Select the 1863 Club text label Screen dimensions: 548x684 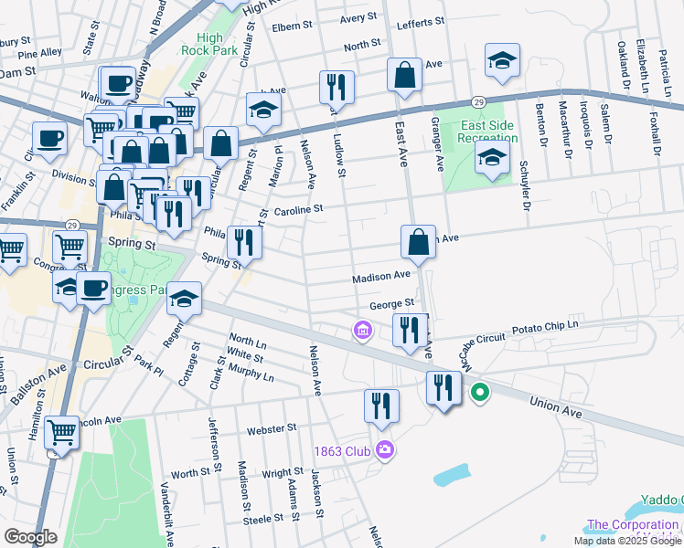click(341, 450)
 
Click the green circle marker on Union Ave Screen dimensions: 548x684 click(479, 394)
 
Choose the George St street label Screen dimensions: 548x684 click(392, 303)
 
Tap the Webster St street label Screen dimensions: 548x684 click(272, 427)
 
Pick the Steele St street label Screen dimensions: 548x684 click(263, 519)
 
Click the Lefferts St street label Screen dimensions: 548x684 click(421, 20)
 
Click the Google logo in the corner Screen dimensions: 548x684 click(30, 537)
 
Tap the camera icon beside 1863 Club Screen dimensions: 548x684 click(384, 449)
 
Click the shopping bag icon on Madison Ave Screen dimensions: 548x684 click(418, 243)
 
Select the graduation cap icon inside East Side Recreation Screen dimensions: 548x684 click(493, 158)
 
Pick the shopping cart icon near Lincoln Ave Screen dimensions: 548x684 click(61, 432)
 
